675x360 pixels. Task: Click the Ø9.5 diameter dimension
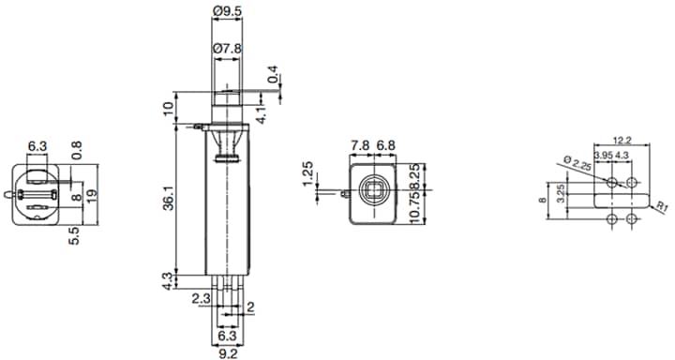pos(229,11)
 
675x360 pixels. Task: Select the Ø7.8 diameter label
pos(229,48)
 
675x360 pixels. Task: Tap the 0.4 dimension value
pos(272,76)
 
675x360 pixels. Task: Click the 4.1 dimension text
pos(262,114)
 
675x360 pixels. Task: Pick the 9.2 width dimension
pos(229,353)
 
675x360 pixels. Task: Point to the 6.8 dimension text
pos(386,147)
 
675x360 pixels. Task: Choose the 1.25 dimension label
pos(307,175)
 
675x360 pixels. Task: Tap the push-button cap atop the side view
pos(229,99)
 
